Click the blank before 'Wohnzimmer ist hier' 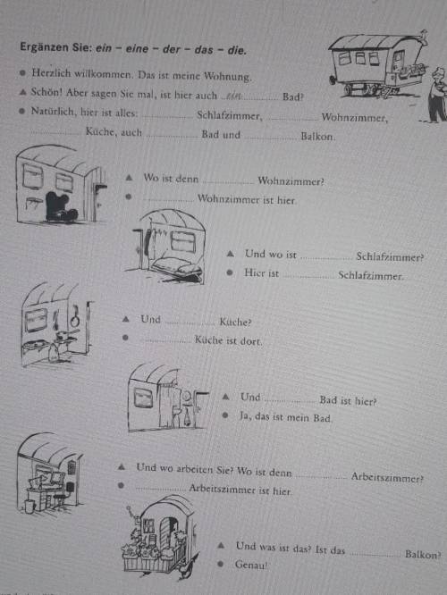pos(169,201)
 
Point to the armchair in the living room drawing pos(61,207)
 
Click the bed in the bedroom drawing pos(176,267)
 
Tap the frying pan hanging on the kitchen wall pos(74,317)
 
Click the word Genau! pos(251,565)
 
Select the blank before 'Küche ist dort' pos(166,341)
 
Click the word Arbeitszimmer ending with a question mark pos(387,477)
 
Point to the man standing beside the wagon pos(438,95)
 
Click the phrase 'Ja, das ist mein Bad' pos(285,417)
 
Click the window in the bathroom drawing pos(143,398)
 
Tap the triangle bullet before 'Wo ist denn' pos(129,177)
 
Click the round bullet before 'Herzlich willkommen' pos(22,72)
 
